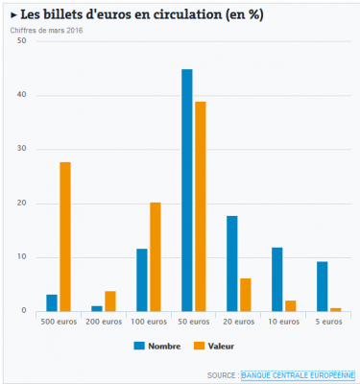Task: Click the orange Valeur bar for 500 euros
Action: point(65,237)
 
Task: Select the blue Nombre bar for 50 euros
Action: point(187,190)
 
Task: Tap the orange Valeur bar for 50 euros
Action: point(201,206)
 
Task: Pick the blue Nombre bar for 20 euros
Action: point(232,264)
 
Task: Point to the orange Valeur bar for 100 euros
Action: point(156,257)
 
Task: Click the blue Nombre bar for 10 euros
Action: point(277,279)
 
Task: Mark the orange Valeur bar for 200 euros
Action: point(110,301)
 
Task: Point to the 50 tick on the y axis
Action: point(20,42)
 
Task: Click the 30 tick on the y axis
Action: point(20,150)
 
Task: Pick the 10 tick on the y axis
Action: point(20,257)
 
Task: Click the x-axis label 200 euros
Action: point(104,322)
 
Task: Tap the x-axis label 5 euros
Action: point(329,322)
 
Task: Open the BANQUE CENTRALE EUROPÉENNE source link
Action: point(298,374)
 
